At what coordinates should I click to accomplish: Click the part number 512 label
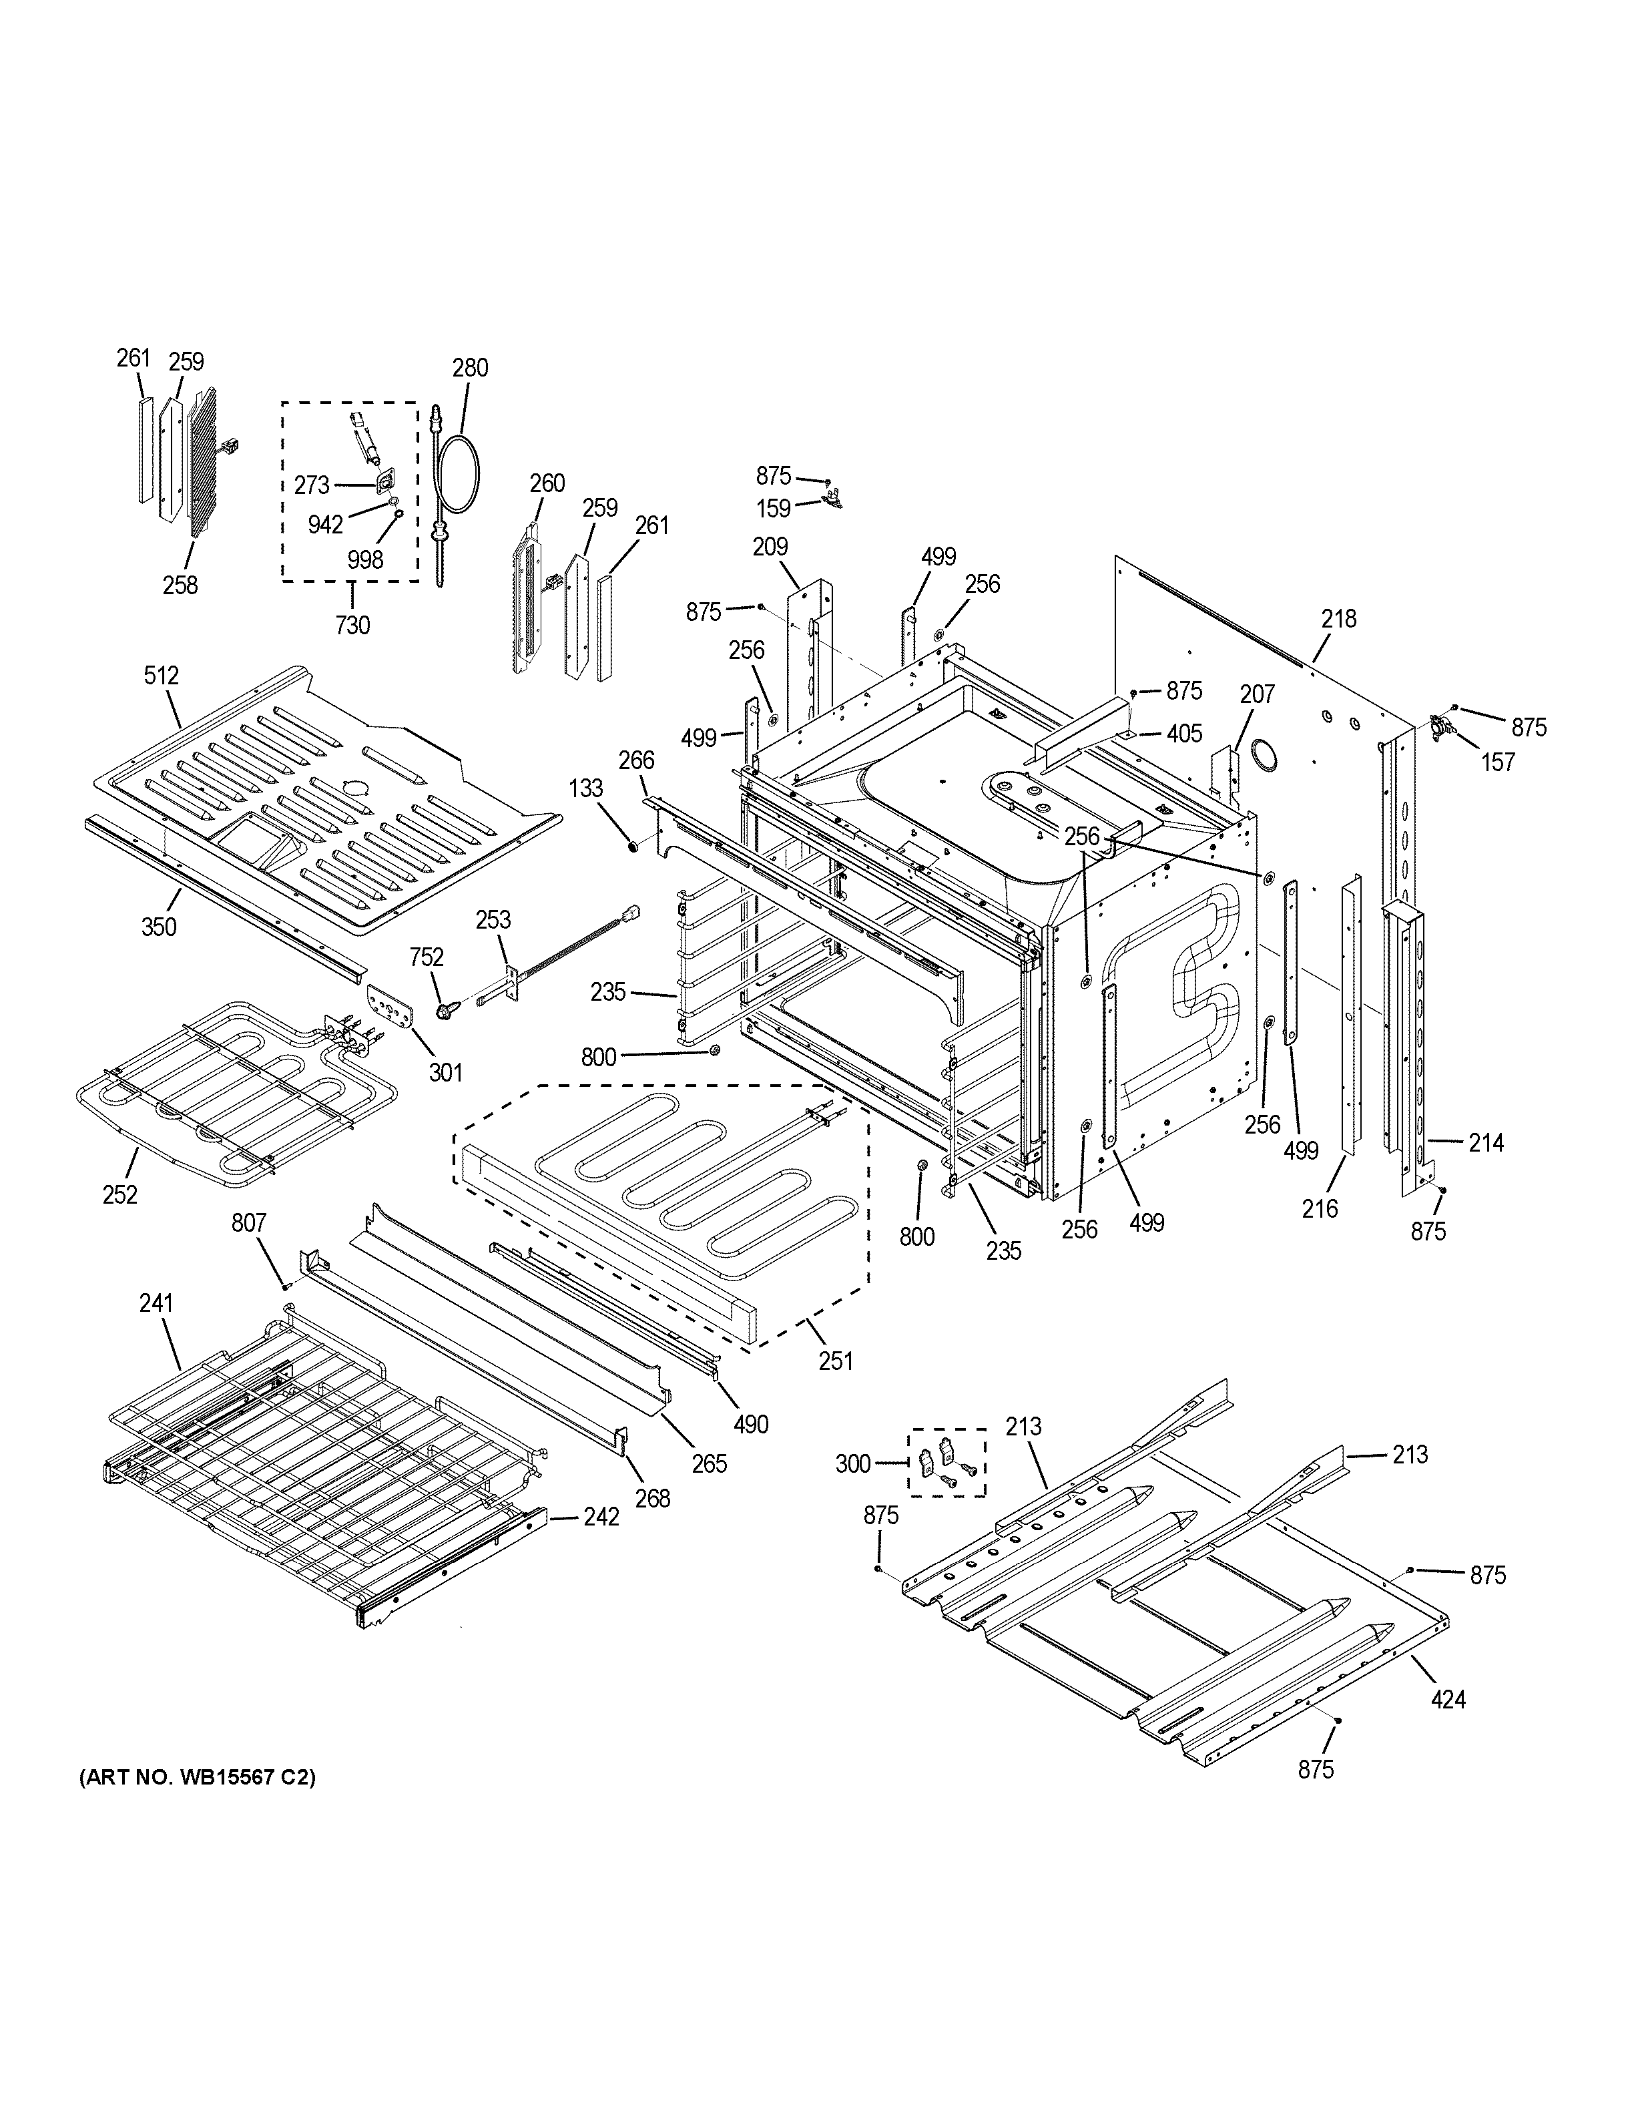(x=162, y=675)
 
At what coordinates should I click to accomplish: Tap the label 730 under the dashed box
(x=352, y=626)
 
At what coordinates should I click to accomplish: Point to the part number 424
(x=1448, y=1698)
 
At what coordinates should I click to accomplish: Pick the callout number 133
(x=585, y=789)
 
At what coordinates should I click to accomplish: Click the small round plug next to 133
(x=633, y=847)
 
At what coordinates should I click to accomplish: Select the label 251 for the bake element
(x=836, y=1361)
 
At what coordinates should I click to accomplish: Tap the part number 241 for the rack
(x=156, y=1303)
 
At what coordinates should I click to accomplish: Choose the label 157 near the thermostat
(x=1498, y=762)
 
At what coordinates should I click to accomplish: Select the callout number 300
(x=853, y=1463)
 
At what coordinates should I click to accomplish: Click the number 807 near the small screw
(x=249, y=1224)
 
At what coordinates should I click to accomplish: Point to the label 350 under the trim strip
(x=159, y=927)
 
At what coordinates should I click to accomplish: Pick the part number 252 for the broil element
(x=120, y=1195)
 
